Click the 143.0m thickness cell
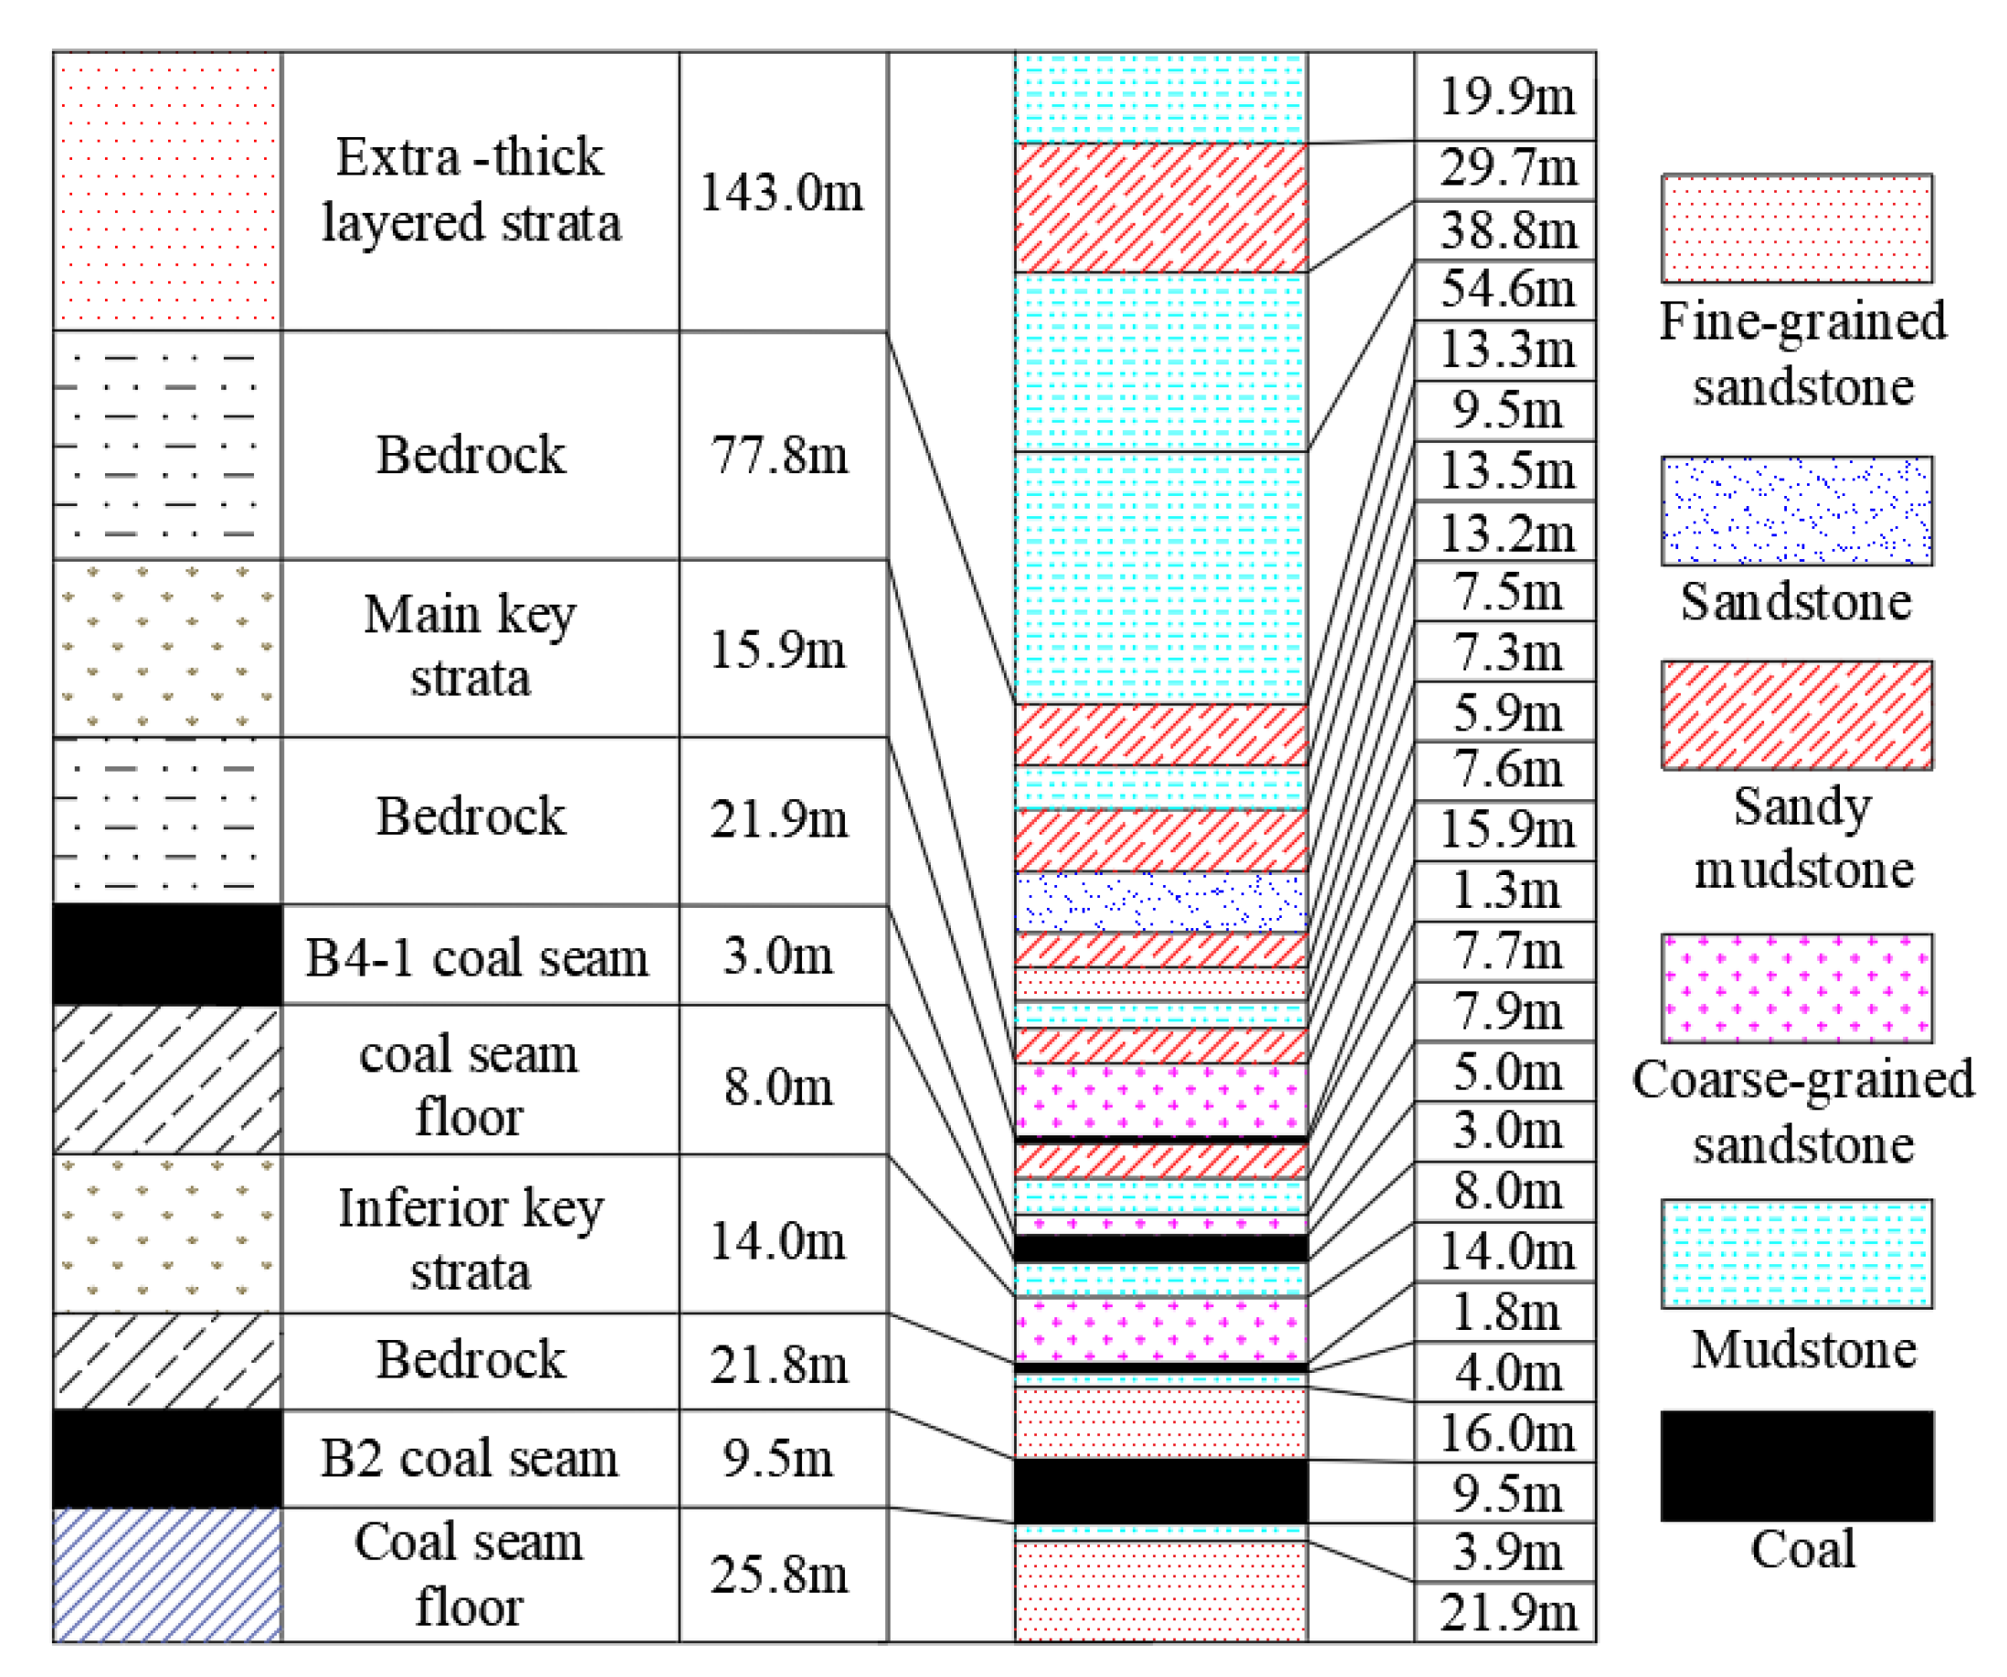point(782,191)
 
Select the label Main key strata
point(470,647)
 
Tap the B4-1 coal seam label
point(476,956)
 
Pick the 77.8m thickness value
point(780,454)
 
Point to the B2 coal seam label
point(469,1458)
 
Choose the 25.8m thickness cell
point(780,1575)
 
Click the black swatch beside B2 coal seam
point(167,1458)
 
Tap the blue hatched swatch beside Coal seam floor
point(167,1575)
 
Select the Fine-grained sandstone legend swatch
point(1797,227)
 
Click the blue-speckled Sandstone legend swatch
point(1797,511)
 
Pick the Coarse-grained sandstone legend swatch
point(1797,988)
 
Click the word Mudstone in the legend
point(1803,1349)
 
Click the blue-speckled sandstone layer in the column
point(1161,902)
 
